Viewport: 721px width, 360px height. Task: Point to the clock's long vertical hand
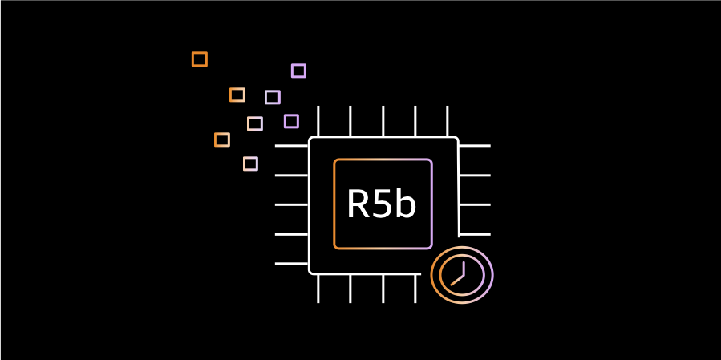click(464, 266)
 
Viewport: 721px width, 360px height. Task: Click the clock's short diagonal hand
click(457, 280)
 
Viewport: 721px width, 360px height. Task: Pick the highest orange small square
click(200, 59)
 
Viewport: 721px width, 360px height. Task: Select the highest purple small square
click(298, 71)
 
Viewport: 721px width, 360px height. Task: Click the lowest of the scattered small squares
click(250, 164)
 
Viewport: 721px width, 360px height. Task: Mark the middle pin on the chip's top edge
click(383, 121)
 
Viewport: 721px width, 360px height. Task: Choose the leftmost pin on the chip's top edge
click(318, 121)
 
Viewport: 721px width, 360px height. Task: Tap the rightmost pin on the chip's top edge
click(447, 121)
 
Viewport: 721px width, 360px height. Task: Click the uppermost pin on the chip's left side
click(292, 146)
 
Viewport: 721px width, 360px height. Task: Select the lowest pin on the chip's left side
click(292, 263)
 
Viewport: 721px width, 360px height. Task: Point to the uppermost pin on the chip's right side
click(474, 146)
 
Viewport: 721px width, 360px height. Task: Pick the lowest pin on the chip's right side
click(474, 234)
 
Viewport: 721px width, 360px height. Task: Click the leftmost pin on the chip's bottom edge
click(318, 289)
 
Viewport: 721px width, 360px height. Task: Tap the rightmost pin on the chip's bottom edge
click(415, 289)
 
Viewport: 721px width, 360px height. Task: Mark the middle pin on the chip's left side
click(292, 204)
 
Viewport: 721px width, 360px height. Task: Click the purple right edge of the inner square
click(431, 204)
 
